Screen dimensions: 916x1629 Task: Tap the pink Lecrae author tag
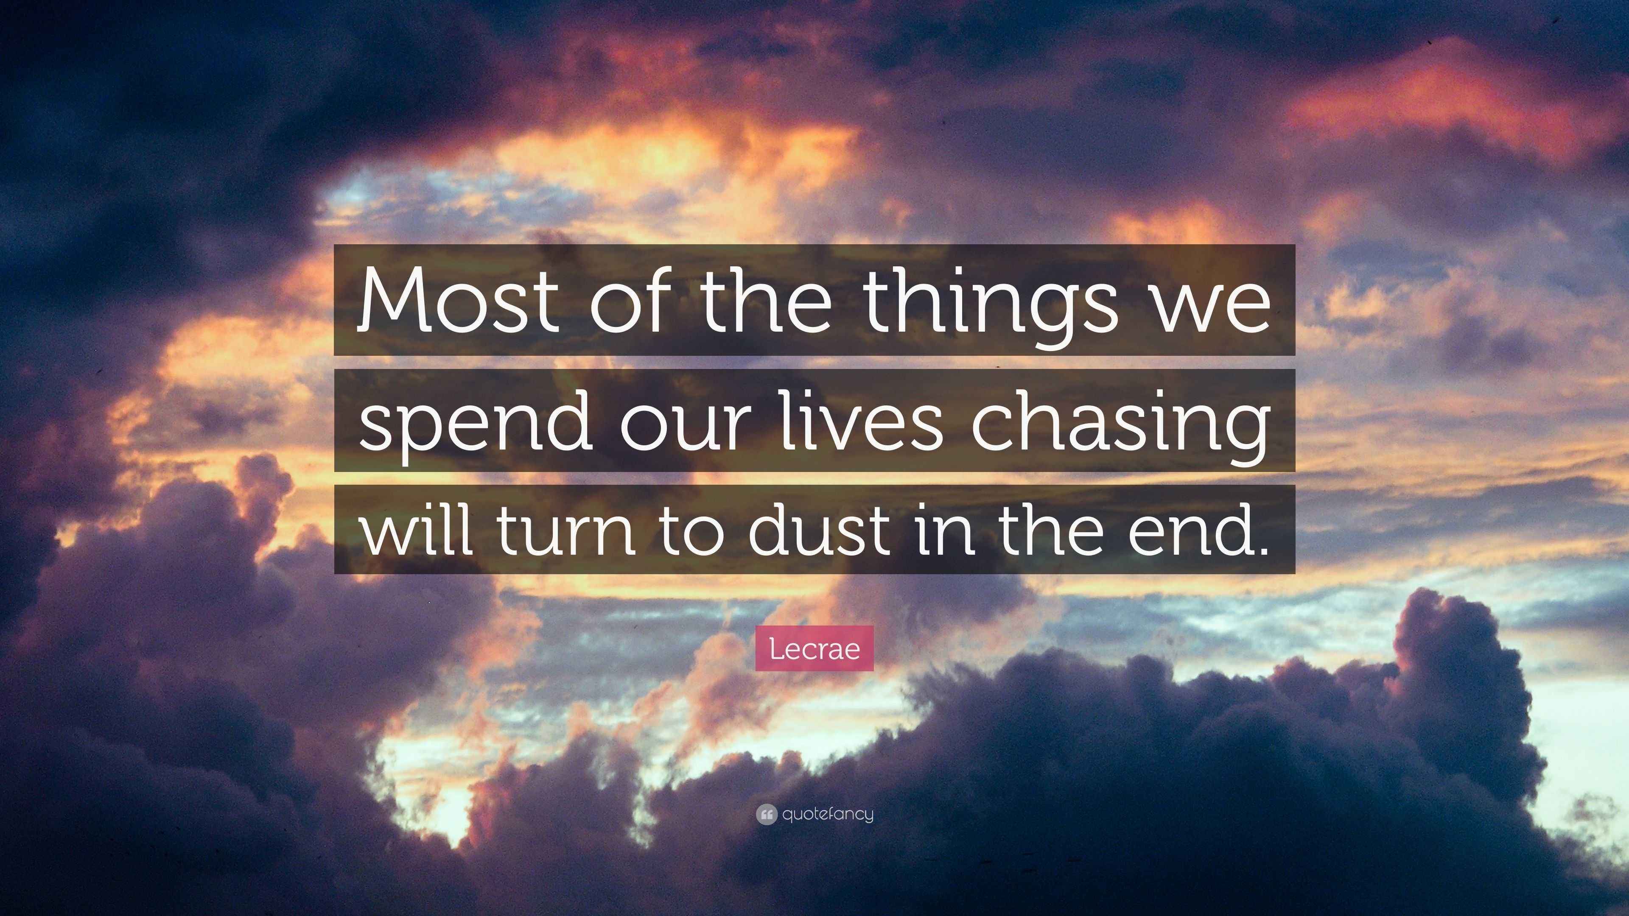click(x=814, y=648)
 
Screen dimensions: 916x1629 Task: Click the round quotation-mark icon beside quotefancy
click(x=766, y=815)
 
